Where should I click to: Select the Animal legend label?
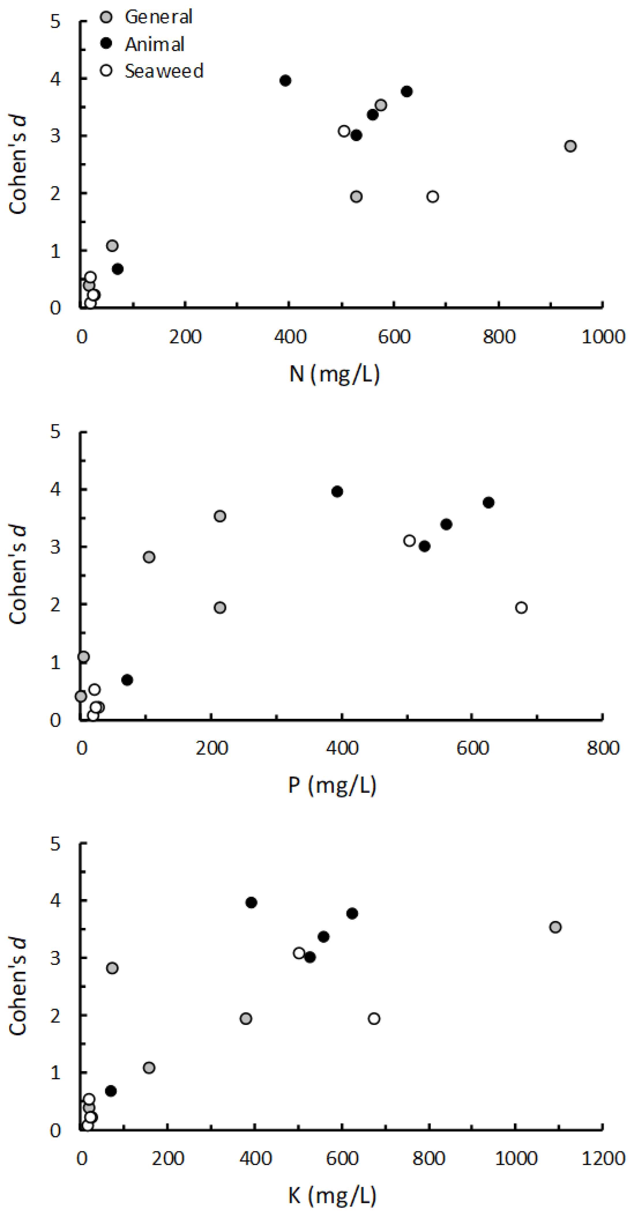(x=154, y=44)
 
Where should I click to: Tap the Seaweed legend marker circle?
(x=107, y=71)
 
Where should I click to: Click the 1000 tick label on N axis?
(x=603, y=337)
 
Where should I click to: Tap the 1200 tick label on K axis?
(x=603, y=1158)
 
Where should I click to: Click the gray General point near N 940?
(x=570, y=146)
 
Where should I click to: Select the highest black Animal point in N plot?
(x=285, y=81)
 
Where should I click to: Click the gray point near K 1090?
(x=555, y=927)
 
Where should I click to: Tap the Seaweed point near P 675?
(x=521, y=607)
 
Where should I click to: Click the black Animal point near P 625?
(x=488, y=502)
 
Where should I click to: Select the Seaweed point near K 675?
(x=374, y=1019)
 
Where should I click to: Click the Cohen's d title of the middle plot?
(x=18, y=575)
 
